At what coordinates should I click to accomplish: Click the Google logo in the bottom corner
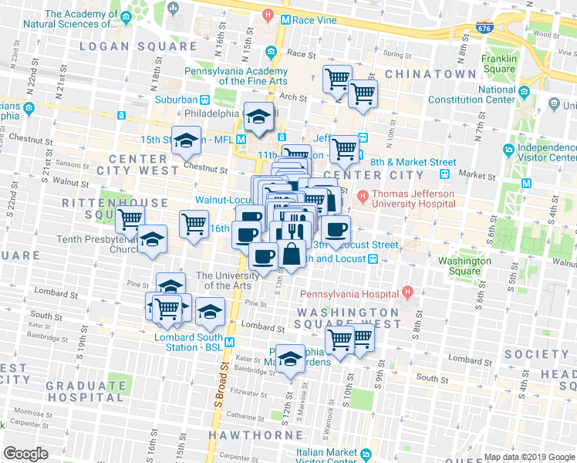pyautogui.click(x=25, y=454)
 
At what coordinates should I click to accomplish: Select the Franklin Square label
pyautogui.click(x=498, y=63)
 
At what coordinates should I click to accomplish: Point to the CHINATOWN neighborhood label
pyautogui.click(x=430, y=73)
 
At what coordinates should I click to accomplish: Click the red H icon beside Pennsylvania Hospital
pyautogui.click(x=408, y=293)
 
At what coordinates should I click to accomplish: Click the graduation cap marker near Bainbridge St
pyautogui.click(x=290, y=359)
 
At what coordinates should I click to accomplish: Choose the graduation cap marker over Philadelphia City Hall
pyautogui.click(x=259, y=117)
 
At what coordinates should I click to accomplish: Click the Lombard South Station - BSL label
pyautogui.click(x=189, y=342)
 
